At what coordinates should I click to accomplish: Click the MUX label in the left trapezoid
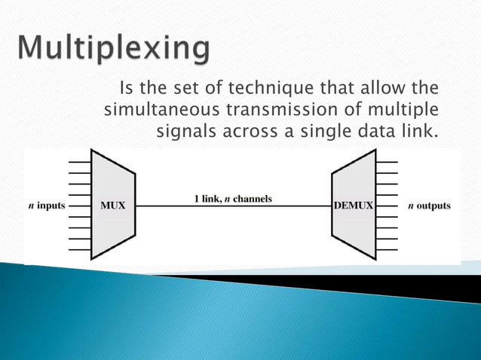pos(113,206)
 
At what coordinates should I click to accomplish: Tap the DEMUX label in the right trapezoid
pos(352,206)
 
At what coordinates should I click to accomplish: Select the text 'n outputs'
pos(428,206)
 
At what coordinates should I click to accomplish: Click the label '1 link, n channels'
pos(232,199)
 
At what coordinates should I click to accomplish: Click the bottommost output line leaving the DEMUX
pos(387,249)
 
